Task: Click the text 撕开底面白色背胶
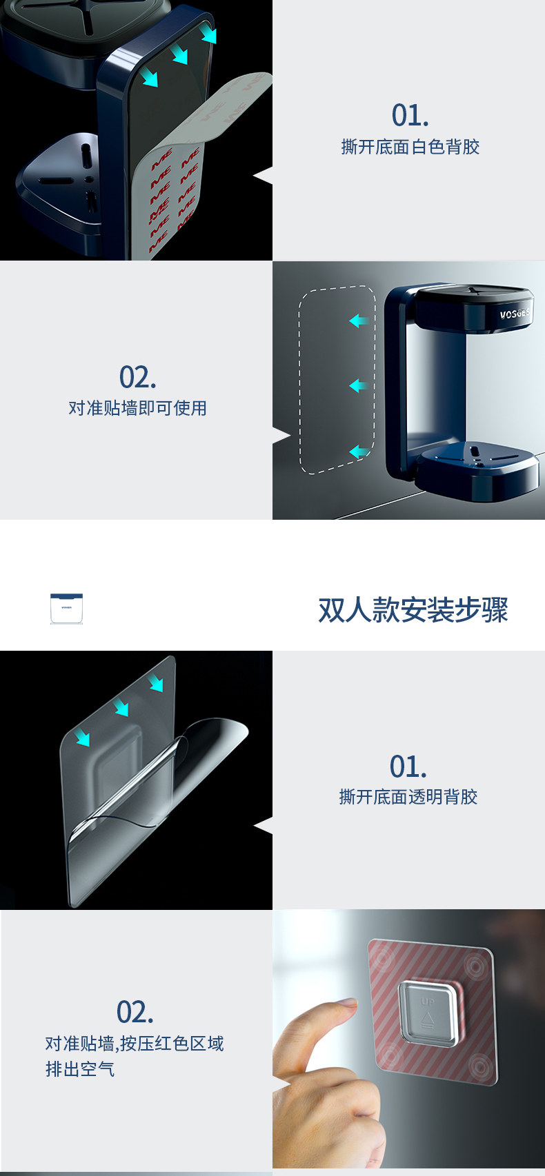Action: (410, 147)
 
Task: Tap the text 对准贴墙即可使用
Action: (137, 408)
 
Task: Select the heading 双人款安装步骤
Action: (413, 610)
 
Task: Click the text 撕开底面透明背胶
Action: (408, 797)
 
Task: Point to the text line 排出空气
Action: (80, 1069)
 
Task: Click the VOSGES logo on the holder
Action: (514, 314)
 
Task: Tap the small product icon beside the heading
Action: (66, 609)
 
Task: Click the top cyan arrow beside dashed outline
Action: (358, 321)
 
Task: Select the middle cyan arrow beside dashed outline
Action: (357, 385)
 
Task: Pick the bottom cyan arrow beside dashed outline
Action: (358, 452)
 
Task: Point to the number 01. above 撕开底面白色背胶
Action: (410, 116)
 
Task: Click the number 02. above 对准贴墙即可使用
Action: (137, 378)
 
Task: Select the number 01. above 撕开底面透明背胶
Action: (408, 767)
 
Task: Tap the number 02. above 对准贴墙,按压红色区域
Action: (135, 1013)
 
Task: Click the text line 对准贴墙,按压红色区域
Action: (135, 1044)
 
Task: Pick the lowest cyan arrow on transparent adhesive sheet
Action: (83, 738)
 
